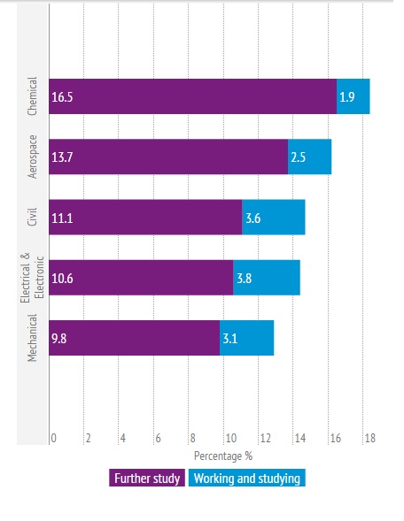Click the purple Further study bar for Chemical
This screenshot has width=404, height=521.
[193, 96]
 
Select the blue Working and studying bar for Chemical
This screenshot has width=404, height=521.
[353, 96]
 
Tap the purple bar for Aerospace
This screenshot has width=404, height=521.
[168, 157]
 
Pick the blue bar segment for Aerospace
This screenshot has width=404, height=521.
[309, 157]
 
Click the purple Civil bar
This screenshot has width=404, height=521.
[145, 217]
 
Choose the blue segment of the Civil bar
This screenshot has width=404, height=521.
[273, 217]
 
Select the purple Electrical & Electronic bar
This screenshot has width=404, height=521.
[141, 277]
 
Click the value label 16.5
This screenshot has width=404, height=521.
[62, 96]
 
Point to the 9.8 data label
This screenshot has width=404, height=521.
[60, 337]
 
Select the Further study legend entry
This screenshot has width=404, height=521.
[147, 479]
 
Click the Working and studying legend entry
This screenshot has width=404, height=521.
[245, 479]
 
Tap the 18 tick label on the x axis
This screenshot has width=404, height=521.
[369, 438]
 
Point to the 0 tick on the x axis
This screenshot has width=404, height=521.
[54, 438]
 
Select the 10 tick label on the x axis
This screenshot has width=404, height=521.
[229, 438]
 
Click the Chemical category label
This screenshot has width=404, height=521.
[33, 96]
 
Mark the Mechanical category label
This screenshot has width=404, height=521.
[33, 337]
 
